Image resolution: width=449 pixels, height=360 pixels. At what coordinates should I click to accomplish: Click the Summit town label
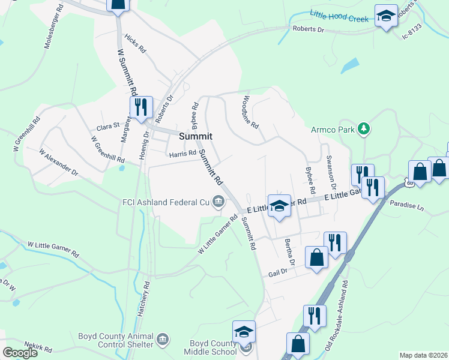click(x=196, y=137)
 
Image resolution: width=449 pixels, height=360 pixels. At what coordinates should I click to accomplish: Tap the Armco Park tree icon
click(x=363, y=128)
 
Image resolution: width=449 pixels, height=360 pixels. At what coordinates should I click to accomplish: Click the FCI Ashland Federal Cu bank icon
click(x=218, y=202)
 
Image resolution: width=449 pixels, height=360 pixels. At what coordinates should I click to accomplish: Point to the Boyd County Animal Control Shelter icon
click(x=163, y=340)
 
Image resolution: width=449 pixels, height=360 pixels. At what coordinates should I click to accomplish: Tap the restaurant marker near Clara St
click(x=141, y=108)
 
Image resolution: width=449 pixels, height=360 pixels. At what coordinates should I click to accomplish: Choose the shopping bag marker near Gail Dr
click(x=316, y=257)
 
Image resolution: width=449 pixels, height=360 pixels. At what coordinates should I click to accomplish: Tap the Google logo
click(x=20, y=353)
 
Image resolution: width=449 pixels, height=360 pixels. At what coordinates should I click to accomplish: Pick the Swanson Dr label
click(x=330, y=172)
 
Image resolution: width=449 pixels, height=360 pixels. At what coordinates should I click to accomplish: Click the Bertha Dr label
click(x=290, y=253)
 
